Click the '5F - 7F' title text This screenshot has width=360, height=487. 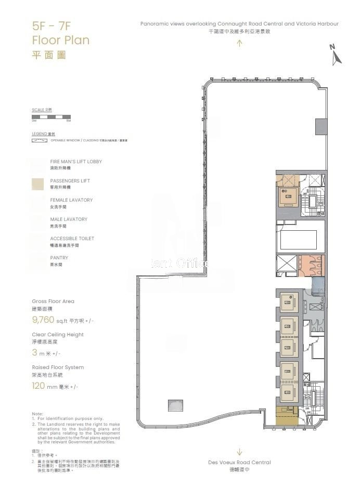pyautogui.click(x=50, y=26)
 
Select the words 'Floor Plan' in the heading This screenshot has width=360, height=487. pyautogui.click(x=60, y=40)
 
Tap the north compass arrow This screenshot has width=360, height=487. pyautogui.click(x=336, y=55)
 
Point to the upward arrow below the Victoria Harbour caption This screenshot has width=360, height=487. pyautogui.click(x=239, y=43)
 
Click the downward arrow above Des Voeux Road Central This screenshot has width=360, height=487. pyautogui.click(x=239, y=452)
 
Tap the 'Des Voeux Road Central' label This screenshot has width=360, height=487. pyautogui.click(x=239, y=462)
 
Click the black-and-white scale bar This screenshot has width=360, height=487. pyautogui.click(x=51, y=117)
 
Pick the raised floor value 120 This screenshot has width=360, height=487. pyautogui.click(x=39, y=386)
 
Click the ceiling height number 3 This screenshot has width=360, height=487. pyautogui.click(x=35, y=353)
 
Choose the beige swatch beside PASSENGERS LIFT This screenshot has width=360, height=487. pyautogui.click(x=37, y=184)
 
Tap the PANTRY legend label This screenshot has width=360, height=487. pyautogui.click(x=59, y=258)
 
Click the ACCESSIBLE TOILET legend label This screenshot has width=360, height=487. pyautogui.click(x=72, y=239)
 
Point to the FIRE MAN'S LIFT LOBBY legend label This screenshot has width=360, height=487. pyautogui.click(x=76, y=162)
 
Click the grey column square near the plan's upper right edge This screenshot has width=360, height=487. pyautogui.click(x=321, y=126)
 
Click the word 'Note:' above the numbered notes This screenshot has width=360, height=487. pyautogui.click(x=37, y=414)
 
